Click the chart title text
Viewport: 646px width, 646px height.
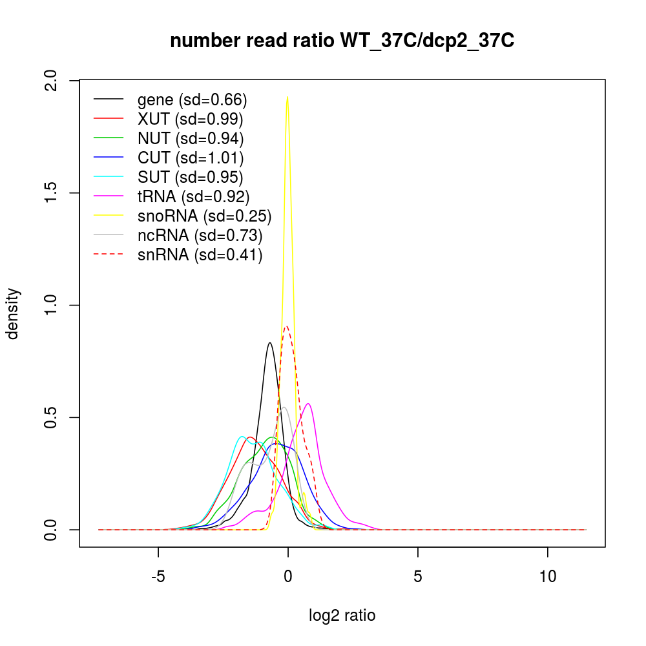(342, 41)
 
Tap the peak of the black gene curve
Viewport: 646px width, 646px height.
(270, 343)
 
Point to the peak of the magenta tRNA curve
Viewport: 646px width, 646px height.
(309, 404)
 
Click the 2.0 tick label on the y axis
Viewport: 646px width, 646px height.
(54, 81)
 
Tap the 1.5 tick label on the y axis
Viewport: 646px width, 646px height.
(54, 193)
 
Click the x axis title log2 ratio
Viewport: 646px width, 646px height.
(342, 616)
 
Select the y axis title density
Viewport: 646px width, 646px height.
(14, 313)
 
